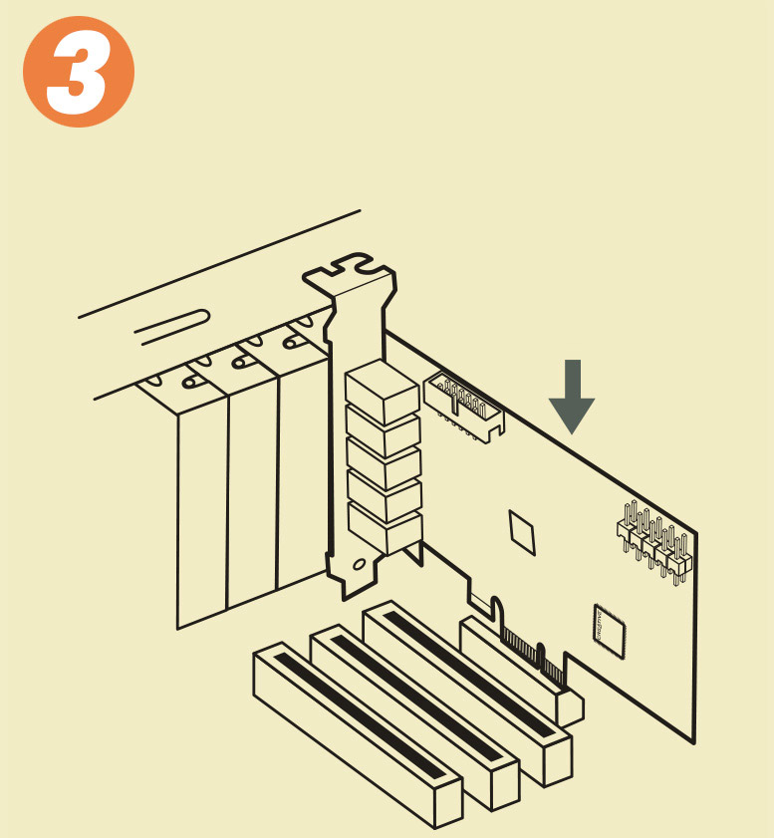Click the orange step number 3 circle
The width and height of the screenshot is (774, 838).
(x=79, y=72)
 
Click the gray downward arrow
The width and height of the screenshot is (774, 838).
(x=572, y=397)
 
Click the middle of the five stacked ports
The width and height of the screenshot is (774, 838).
(x=384, y=460)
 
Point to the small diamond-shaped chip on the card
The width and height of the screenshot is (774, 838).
(x=521, y=532)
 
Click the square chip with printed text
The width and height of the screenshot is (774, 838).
(x=609, y=631)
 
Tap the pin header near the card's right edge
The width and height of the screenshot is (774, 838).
(x=654, y=542)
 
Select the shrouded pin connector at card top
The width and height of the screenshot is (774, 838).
(x=463, y=407)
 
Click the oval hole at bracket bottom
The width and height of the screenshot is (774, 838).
(x=360, y=564)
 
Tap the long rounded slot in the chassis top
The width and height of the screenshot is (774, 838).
(x=172, y=327)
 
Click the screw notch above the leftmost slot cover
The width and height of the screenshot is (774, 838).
(x=189, y=382)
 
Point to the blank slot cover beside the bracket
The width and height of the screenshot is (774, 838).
(x=303, y=470)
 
